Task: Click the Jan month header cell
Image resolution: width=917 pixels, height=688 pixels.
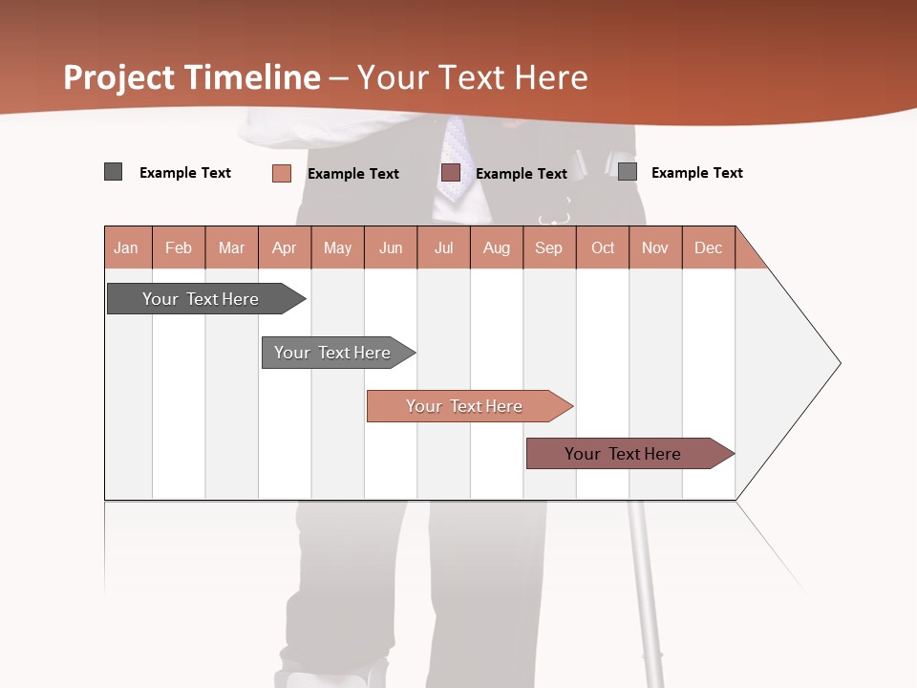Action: tap(127, 247)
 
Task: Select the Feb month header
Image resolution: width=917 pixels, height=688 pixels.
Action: tap(179, 247)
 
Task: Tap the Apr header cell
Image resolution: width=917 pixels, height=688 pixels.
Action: tap(285, 247)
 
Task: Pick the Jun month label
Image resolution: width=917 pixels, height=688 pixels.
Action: tap(391, 247)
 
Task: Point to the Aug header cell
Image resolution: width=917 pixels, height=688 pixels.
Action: tap(497, 247)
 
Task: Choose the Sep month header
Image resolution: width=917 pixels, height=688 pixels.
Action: tap(549, 247)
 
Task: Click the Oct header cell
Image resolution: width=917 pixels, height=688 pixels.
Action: tap(603, 247)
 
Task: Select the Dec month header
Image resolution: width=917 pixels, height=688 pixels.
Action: tap(709, 247)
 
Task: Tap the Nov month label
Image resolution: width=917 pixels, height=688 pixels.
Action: tap(655, 247)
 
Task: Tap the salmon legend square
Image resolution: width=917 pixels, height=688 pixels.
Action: tap(281, 173)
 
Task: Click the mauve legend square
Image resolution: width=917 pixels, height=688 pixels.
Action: tap(451, 173)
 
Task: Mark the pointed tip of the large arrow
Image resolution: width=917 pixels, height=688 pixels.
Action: tap(838, 363)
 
